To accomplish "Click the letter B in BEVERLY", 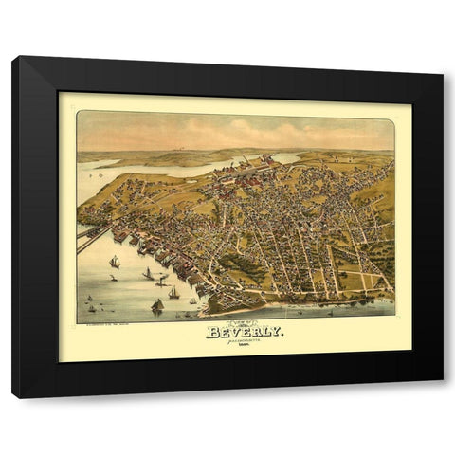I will coord(212,333).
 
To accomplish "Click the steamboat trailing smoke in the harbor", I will coord(162,281).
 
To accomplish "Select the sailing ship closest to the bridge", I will coord(115,261).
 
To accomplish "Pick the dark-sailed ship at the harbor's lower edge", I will coord(157,305).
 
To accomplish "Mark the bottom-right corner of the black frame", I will coord(442,394).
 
